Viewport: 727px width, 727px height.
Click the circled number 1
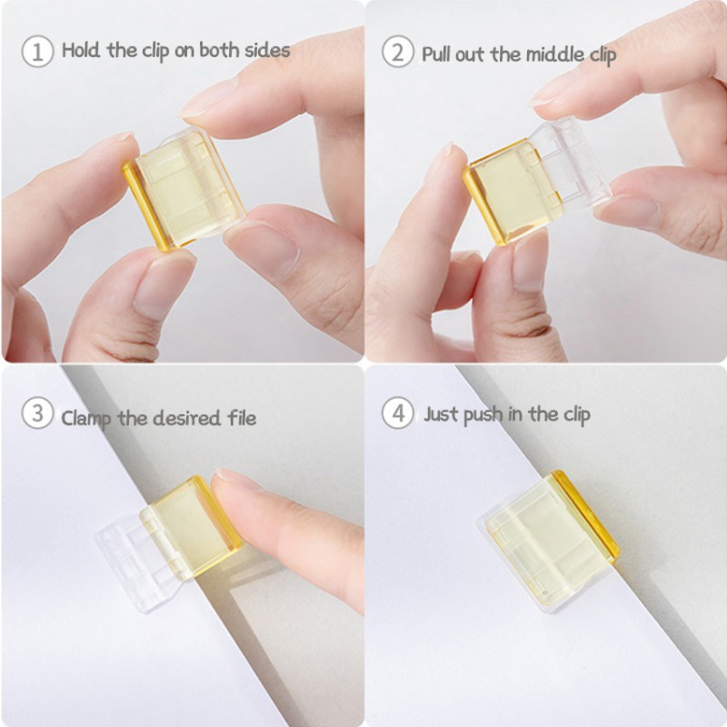(x=37, y=52)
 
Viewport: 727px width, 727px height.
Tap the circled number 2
(x=398, y=52)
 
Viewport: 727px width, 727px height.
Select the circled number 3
(x=37, y=413)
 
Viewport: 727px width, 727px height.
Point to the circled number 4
(x=398, y=413)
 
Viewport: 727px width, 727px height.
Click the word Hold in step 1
(x=81, y=50)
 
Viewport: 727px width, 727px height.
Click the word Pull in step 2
(x=435, y=55)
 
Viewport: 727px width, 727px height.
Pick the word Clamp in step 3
(x=86, y=419)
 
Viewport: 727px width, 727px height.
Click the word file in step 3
(x=242, y=417)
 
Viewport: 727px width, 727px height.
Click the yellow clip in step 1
(x=184, y=189)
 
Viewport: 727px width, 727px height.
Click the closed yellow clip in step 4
(x=549, y=540)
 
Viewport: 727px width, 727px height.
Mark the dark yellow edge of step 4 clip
(x=586, y=514)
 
